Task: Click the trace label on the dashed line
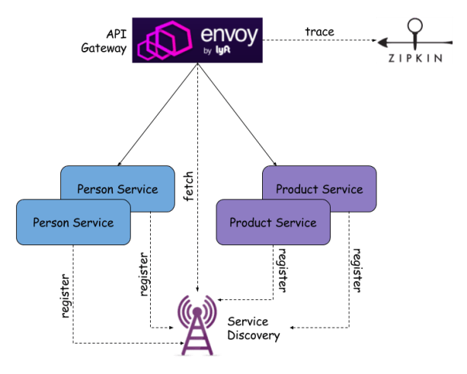click(x=319, y=32)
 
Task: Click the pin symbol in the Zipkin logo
click(x=415, y=30)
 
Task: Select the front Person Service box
click(x=73, y=222)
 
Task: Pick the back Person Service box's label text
click(x=117, y=189)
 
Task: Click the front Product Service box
click(x=273, y=222)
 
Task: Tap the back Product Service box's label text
click(x=319, y=189)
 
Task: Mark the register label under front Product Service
click(x=283, y=270)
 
